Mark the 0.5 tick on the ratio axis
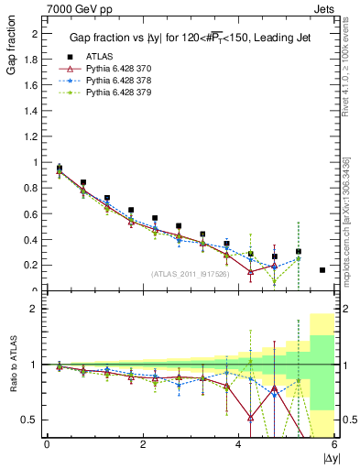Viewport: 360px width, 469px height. tap(31, 420)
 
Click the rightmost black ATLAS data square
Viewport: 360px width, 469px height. tap(322, 270)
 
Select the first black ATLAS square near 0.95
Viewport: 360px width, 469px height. tap(60, 169)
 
